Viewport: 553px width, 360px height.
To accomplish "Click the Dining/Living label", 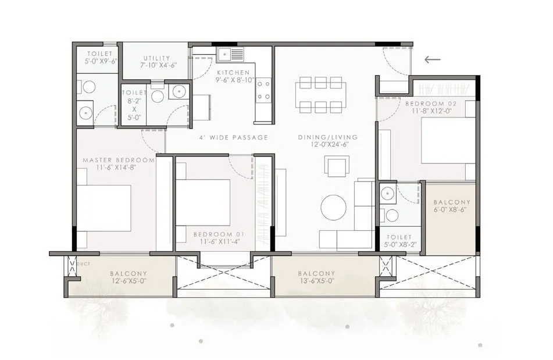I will (x=328, y=137).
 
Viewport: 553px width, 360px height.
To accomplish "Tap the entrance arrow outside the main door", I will (x=432, y=59).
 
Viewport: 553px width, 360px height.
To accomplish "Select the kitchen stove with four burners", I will (x=263, y=90).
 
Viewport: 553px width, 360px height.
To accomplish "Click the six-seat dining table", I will (x=320, y=94).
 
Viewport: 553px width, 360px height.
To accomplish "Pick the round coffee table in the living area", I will (x=333, y=208).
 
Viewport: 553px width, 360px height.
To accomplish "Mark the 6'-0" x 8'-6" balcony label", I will (x=452, y=206).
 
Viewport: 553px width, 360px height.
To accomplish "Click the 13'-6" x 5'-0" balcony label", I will (x=316, y=277).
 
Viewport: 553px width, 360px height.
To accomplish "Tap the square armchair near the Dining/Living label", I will (x=338, y=166).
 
